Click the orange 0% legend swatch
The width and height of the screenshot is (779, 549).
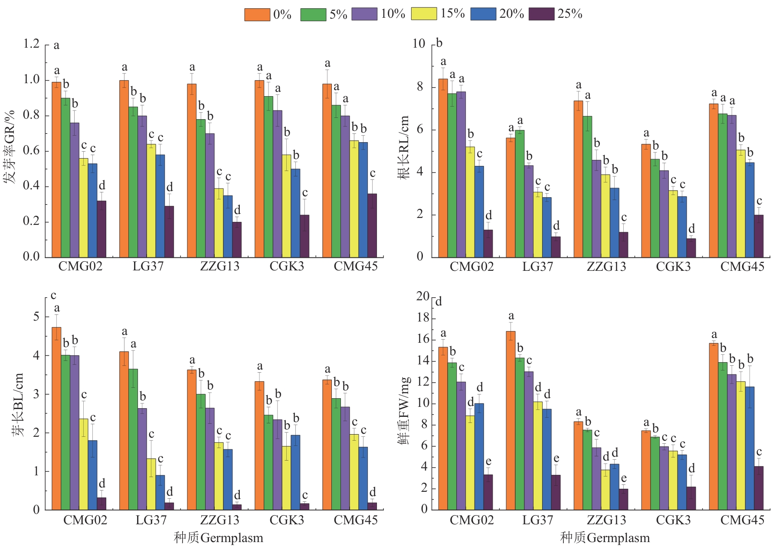click(257, 14)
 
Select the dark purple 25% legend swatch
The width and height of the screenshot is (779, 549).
click(541, 14)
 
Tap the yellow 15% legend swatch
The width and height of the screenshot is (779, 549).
click(424, 14)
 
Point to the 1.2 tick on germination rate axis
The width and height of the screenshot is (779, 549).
click(31, 44)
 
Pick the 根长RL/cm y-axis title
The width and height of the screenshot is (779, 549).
click(404, 147)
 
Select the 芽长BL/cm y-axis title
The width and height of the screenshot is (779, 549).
click(17, 404)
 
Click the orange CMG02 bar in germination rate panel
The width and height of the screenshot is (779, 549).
click(56, 169)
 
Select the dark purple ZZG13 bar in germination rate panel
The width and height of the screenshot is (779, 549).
click(237, 240)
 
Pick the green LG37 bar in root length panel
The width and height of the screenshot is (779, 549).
click(520, 193)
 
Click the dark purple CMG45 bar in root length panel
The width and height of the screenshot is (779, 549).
click(759, 236)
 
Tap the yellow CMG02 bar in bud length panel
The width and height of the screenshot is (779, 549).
click(83, 464)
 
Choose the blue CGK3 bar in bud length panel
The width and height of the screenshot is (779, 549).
click(295, 472)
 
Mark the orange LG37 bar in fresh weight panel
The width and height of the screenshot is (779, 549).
click(511, 420)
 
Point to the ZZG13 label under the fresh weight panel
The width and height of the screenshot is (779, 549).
click(606, 520)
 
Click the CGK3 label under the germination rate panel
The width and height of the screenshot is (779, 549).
click(287, 266)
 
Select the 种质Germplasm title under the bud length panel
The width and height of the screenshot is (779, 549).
click(218, 538)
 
